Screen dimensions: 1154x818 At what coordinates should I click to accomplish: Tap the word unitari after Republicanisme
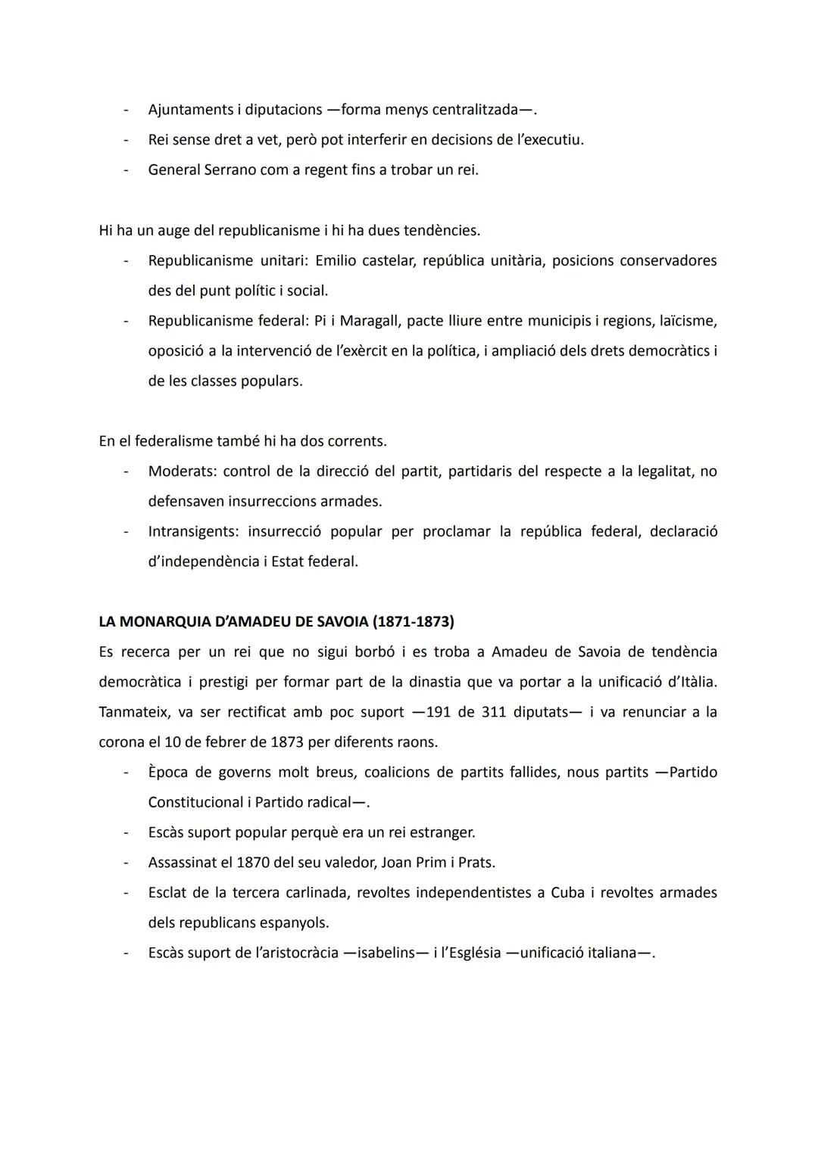(283, 261)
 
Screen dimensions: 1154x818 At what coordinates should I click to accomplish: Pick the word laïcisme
(682, 321)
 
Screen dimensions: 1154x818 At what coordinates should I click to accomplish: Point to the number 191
(440, 713)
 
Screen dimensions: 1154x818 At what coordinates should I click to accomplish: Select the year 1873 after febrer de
(288, 742)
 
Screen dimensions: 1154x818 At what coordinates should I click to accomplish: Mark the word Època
(170, 773)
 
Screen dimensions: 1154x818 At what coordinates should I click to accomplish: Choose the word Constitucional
(196, 803)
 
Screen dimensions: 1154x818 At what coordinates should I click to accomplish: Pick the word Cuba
(567, 893)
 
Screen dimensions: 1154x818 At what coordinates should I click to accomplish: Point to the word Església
(473, 953)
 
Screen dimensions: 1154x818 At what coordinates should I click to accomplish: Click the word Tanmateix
(133, 713)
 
